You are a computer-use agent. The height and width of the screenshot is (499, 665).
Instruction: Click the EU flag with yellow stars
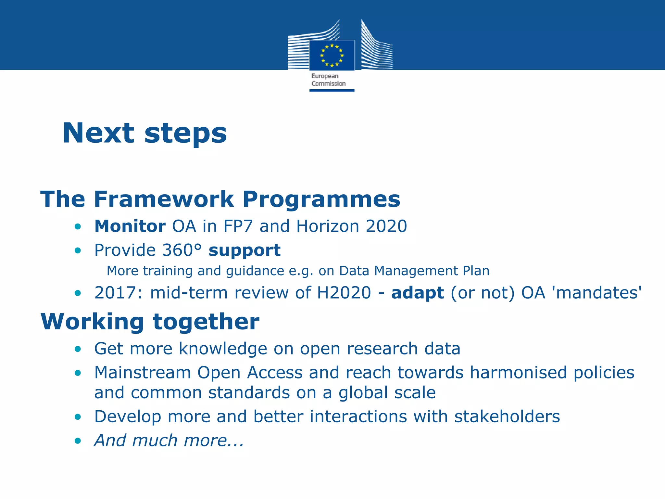coord(332,55)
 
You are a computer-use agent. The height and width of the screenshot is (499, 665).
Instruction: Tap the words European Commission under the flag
coord(328,80)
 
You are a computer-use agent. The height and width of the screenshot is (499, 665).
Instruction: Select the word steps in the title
coord(185,134)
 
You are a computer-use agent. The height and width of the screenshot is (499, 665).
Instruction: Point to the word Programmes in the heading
coord(321,199)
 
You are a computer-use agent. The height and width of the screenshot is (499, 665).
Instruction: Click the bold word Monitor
coord(130,226)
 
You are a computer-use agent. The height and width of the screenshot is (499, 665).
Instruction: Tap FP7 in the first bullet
coord(238,226)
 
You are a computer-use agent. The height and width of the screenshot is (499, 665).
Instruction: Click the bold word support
coord(245,251)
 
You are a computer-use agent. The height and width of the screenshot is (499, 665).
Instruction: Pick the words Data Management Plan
coord(414,271)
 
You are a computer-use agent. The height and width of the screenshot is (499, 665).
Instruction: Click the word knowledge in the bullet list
coord(223,349)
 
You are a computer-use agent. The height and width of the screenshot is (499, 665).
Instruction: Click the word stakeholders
coord(507,417)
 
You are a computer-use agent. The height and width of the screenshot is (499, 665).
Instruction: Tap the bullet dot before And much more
coord(78,441)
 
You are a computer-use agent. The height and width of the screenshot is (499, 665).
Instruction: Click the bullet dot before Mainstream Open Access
coord(78,373)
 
